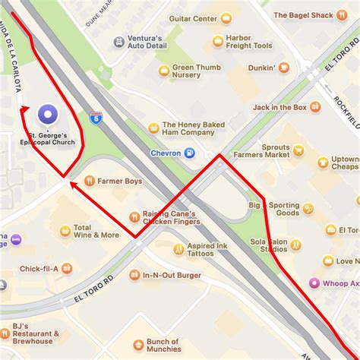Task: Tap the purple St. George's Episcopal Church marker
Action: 48,115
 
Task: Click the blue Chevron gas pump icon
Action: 190,153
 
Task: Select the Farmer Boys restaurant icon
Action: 90,181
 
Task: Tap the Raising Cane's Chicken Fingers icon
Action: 135,216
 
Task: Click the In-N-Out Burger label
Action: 166,275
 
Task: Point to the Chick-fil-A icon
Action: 68,268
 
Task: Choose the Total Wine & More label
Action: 96,231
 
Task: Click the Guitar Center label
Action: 193,18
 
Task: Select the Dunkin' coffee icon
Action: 283,67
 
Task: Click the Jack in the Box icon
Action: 314,107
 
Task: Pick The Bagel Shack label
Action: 304,14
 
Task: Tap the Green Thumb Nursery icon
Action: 164,71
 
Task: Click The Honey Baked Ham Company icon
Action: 153,128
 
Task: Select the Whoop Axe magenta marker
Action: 313,283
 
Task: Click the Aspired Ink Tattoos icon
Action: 179,248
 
